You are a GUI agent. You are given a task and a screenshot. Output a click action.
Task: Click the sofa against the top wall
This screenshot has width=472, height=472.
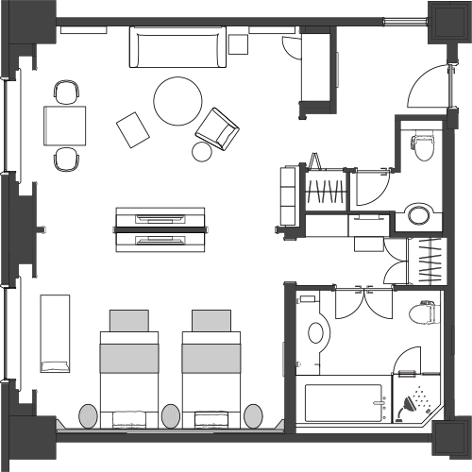[179, 46]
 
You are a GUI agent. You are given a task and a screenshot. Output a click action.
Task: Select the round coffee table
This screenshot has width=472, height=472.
[177, 101]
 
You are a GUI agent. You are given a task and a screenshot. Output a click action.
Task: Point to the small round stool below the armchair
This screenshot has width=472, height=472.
[204, 151]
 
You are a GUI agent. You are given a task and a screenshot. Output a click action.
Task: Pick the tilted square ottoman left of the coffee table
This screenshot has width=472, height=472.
[133, 128]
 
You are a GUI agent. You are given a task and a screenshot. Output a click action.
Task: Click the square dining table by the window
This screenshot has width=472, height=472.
[65, 125]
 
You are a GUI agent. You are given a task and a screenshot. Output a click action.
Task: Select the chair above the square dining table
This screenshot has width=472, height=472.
[66, 93]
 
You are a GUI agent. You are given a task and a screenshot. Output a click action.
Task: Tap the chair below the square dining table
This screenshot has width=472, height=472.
[66, 159]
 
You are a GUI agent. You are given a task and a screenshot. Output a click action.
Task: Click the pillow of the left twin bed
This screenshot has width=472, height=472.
[129, 320]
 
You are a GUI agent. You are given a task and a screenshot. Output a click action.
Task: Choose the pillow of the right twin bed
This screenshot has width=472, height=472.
[211, 320]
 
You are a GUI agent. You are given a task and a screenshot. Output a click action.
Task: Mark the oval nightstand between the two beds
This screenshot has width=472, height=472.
[171, 415]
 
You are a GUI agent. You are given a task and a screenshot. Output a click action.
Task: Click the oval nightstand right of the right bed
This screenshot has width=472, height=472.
[254, 415]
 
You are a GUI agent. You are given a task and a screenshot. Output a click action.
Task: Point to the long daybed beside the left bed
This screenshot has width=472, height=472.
[54, 332]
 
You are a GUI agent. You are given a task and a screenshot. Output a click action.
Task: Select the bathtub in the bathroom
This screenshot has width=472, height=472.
[345, 402]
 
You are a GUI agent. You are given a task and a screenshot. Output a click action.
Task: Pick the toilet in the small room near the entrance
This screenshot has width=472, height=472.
[422, 146]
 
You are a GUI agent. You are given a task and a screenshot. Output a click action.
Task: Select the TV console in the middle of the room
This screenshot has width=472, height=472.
[161, 228]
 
